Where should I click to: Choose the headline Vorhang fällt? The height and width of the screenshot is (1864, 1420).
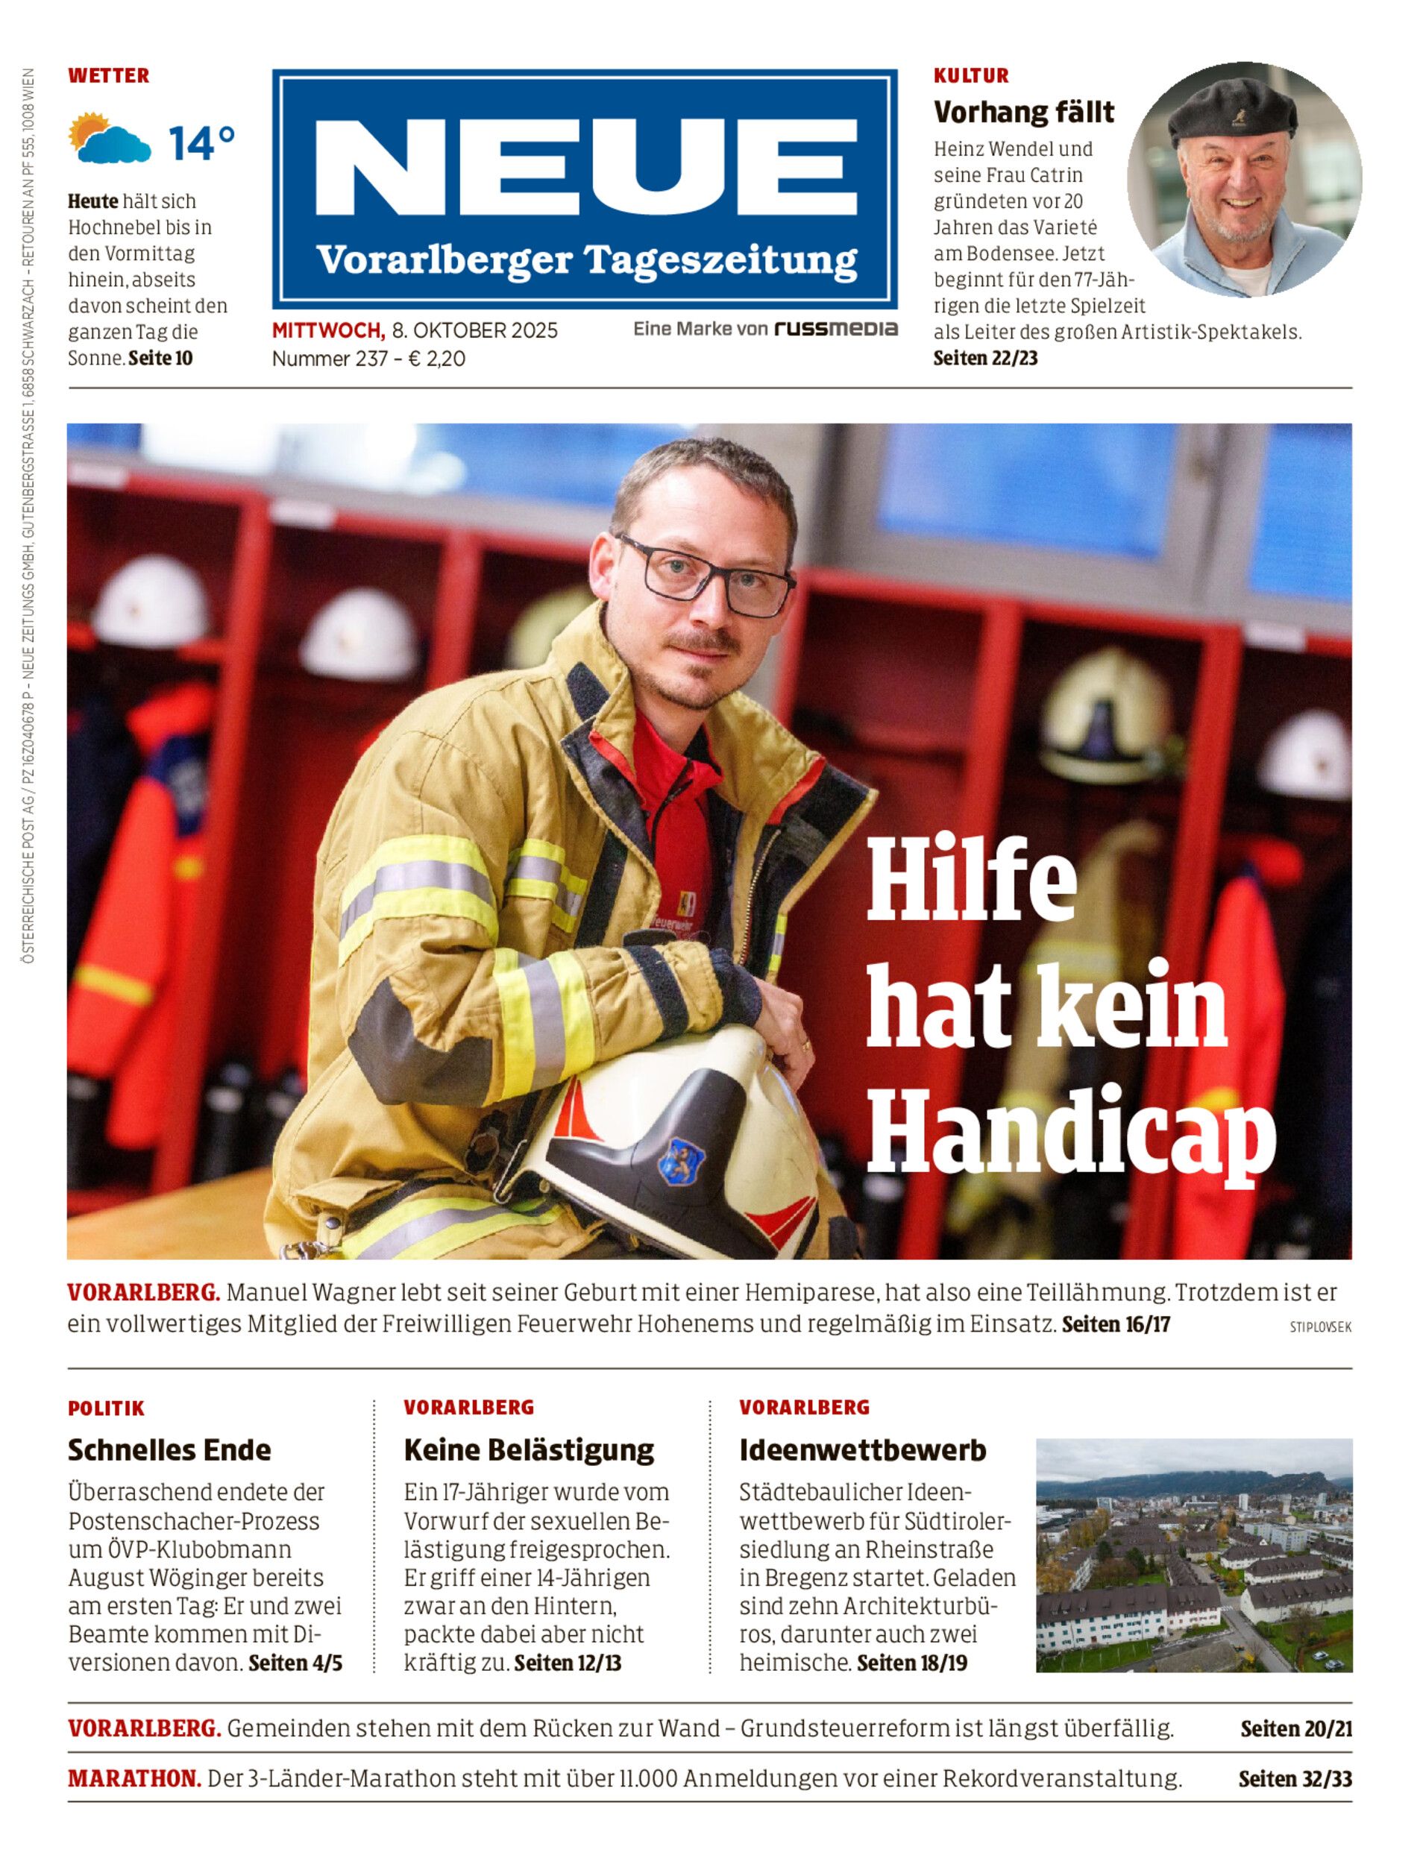[1023, 112]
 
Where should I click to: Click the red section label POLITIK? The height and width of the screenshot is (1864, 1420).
[107, 1408]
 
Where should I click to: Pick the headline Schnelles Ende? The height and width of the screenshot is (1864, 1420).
[169, 1450]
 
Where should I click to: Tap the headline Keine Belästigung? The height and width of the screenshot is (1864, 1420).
[528, 1450]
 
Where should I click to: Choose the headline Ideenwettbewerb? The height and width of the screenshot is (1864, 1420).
[862, 1450]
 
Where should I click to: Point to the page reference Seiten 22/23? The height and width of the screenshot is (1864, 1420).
[984, 359]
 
